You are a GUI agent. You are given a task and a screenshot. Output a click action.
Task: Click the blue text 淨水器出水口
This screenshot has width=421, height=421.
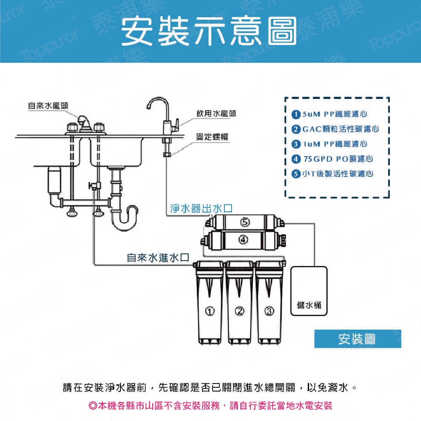(x=201, y=208)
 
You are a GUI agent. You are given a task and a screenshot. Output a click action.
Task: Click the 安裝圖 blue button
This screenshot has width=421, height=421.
(x=357, y=339)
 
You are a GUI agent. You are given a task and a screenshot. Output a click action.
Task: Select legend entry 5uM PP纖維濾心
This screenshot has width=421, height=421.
(x=330, y=114)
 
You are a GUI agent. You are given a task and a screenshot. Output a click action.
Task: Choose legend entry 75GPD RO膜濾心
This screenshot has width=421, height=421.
(x=333, y=159)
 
